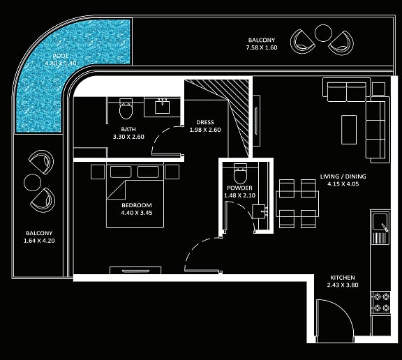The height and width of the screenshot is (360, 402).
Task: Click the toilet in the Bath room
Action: point(126,109)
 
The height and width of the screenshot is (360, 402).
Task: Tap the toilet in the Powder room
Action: point(240,173)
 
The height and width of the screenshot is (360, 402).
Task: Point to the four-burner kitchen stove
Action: point(381,302)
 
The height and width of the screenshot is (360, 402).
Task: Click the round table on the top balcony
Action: point(323,33)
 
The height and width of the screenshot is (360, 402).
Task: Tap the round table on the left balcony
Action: point(32,182)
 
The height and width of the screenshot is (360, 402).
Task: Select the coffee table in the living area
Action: point(349,130)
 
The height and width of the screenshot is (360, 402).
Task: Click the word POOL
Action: point(61,56)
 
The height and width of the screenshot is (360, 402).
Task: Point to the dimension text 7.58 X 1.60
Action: point(262,47)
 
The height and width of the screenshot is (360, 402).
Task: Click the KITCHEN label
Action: point(343,278)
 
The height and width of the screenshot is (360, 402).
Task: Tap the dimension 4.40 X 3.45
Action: point(137,213)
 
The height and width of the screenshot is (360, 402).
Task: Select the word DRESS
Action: point(205,122)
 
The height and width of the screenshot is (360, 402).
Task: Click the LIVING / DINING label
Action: point(343,177)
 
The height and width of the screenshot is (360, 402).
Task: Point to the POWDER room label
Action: point(239,188)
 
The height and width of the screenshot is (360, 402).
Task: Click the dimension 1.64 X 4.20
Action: point(39,241)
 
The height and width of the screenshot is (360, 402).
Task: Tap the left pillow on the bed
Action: point(121,172)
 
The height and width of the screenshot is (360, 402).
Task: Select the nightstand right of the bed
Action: point(172,172)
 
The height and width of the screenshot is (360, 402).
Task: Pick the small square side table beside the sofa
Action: point(378,89)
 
